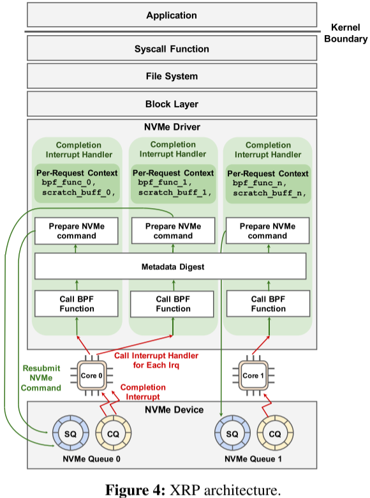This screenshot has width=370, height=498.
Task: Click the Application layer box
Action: [172, 15]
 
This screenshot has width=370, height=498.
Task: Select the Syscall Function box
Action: [172, 49]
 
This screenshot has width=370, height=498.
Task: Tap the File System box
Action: [172, 76]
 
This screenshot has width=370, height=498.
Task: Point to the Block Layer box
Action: [172, 103]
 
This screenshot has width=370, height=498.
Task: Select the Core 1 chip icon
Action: [251, 375]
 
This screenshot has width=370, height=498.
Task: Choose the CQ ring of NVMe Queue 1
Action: [275, 434]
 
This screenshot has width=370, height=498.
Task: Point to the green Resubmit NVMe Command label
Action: [42, 378]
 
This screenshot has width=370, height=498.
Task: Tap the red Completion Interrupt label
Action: [143, 392]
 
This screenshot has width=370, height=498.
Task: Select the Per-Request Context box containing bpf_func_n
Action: [268, 183]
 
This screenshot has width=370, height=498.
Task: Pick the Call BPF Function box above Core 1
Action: [268, 304]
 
